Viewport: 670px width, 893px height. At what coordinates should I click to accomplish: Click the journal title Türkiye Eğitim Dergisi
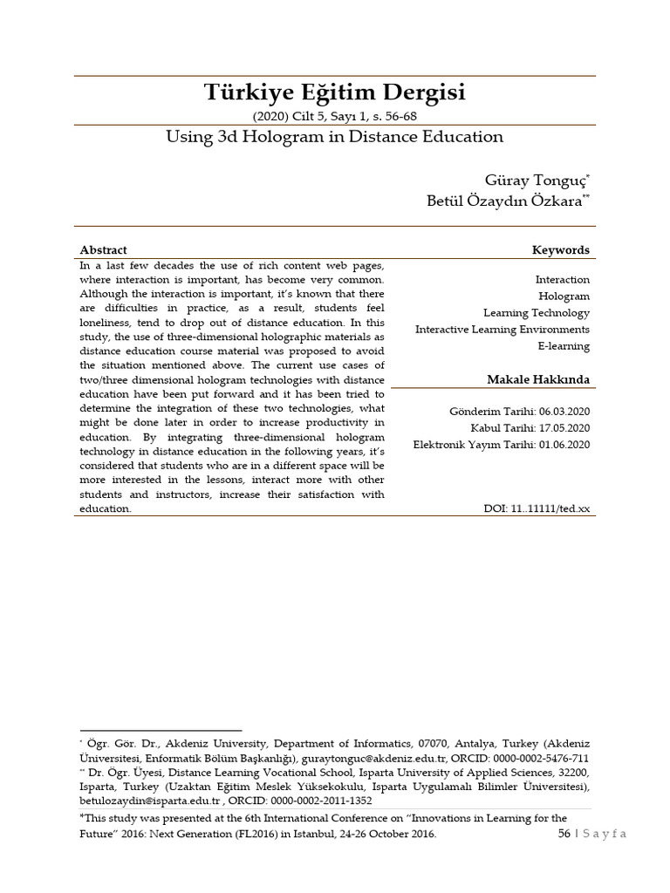point(335,92)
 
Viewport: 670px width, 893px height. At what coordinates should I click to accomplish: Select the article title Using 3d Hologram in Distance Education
point(335,137)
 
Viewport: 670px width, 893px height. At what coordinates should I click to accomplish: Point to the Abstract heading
point(103,250)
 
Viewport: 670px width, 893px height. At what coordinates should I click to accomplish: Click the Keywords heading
point(560,250)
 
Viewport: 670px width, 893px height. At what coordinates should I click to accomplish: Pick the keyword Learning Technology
point(537,313)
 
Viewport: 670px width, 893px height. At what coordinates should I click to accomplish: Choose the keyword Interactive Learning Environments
point(502,330)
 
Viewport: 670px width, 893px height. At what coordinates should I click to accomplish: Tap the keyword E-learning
point(563,346)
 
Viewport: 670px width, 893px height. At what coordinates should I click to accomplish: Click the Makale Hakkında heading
point(537,380)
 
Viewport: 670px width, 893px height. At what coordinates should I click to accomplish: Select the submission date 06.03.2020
point(564,411)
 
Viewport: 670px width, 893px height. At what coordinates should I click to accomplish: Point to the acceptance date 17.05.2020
point(564,427)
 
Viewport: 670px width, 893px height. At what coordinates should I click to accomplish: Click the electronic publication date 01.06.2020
point(564,445)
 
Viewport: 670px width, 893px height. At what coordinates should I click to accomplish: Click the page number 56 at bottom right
point(564,835)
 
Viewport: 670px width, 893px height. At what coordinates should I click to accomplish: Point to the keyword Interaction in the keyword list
point(563,280)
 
